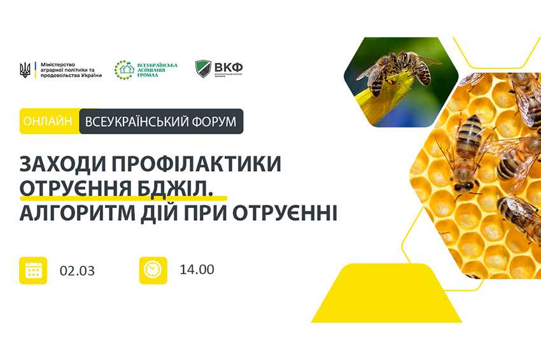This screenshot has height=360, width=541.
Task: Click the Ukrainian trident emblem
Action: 25,69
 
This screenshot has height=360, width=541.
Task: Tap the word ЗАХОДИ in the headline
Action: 57,165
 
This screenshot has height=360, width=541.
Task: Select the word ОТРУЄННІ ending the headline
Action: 293,212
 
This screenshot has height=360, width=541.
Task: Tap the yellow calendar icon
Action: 33,270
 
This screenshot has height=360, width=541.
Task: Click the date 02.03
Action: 78,270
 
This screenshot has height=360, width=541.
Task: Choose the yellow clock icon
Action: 153,270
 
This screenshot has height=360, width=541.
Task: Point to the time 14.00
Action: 197,269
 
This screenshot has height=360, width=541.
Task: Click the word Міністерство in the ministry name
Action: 57,65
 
